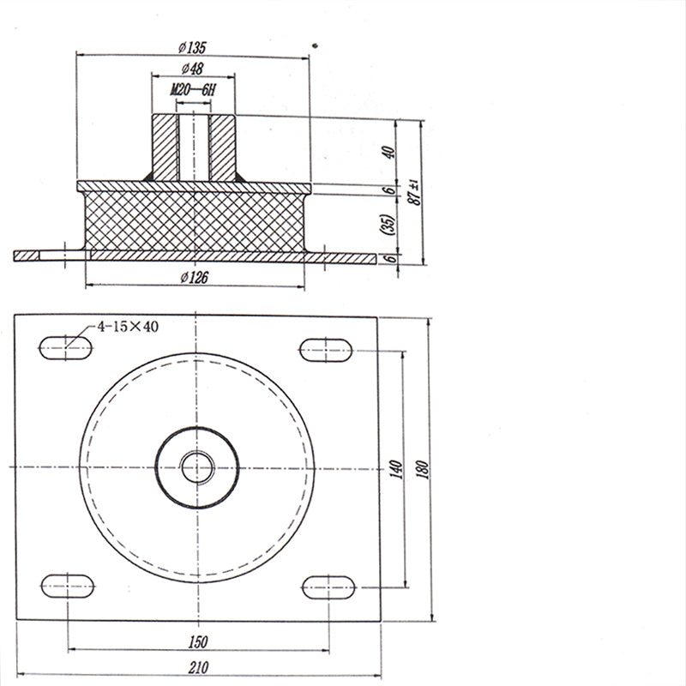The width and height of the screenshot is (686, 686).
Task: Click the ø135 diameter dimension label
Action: click(192, 47)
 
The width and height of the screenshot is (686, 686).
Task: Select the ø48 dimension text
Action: click(192, 69)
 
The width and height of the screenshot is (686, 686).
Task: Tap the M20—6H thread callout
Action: click(193, 90)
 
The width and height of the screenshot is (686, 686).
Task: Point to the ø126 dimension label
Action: click(195, 277)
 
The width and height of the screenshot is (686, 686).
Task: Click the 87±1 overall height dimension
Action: click(413, 192)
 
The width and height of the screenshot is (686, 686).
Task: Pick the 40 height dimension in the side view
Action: click(388, 153)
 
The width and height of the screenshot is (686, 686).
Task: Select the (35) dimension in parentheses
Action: click(388, 225)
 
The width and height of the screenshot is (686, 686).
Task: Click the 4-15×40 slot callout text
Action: click(127, 327)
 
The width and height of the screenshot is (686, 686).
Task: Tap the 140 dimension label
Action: click(396, 469)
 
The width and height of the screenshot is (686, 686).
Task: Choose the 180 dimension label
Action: click(423, 469)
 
